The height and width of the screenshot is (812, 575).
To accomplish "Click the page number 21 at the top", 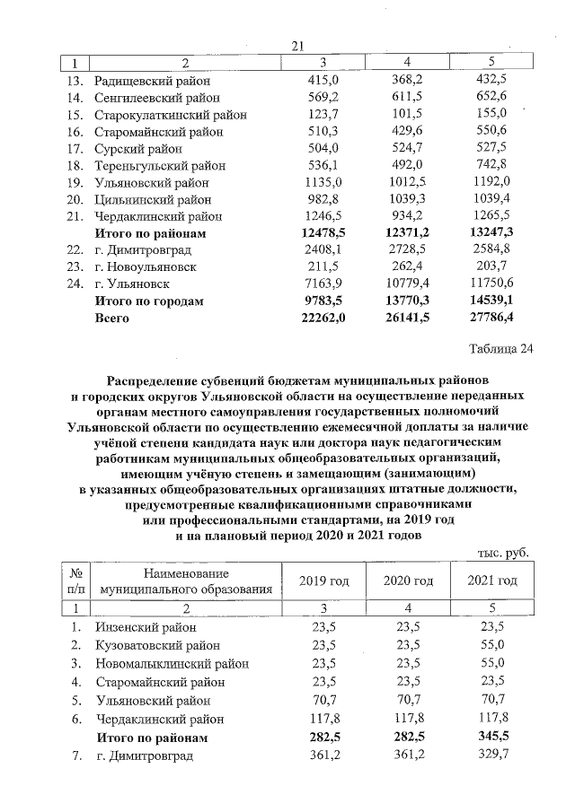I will click(297, 47).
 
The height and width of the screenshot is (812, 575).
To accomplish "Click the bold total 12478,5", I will click(317, 233).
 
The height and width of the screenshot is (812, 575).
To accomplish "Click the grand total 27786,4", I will click(486, 319).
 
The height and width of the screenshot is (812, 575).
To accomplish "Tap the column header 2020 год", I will click(408, 581).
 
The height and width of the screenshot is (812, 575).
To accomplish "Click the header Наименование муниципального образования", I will click(186, 581).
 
